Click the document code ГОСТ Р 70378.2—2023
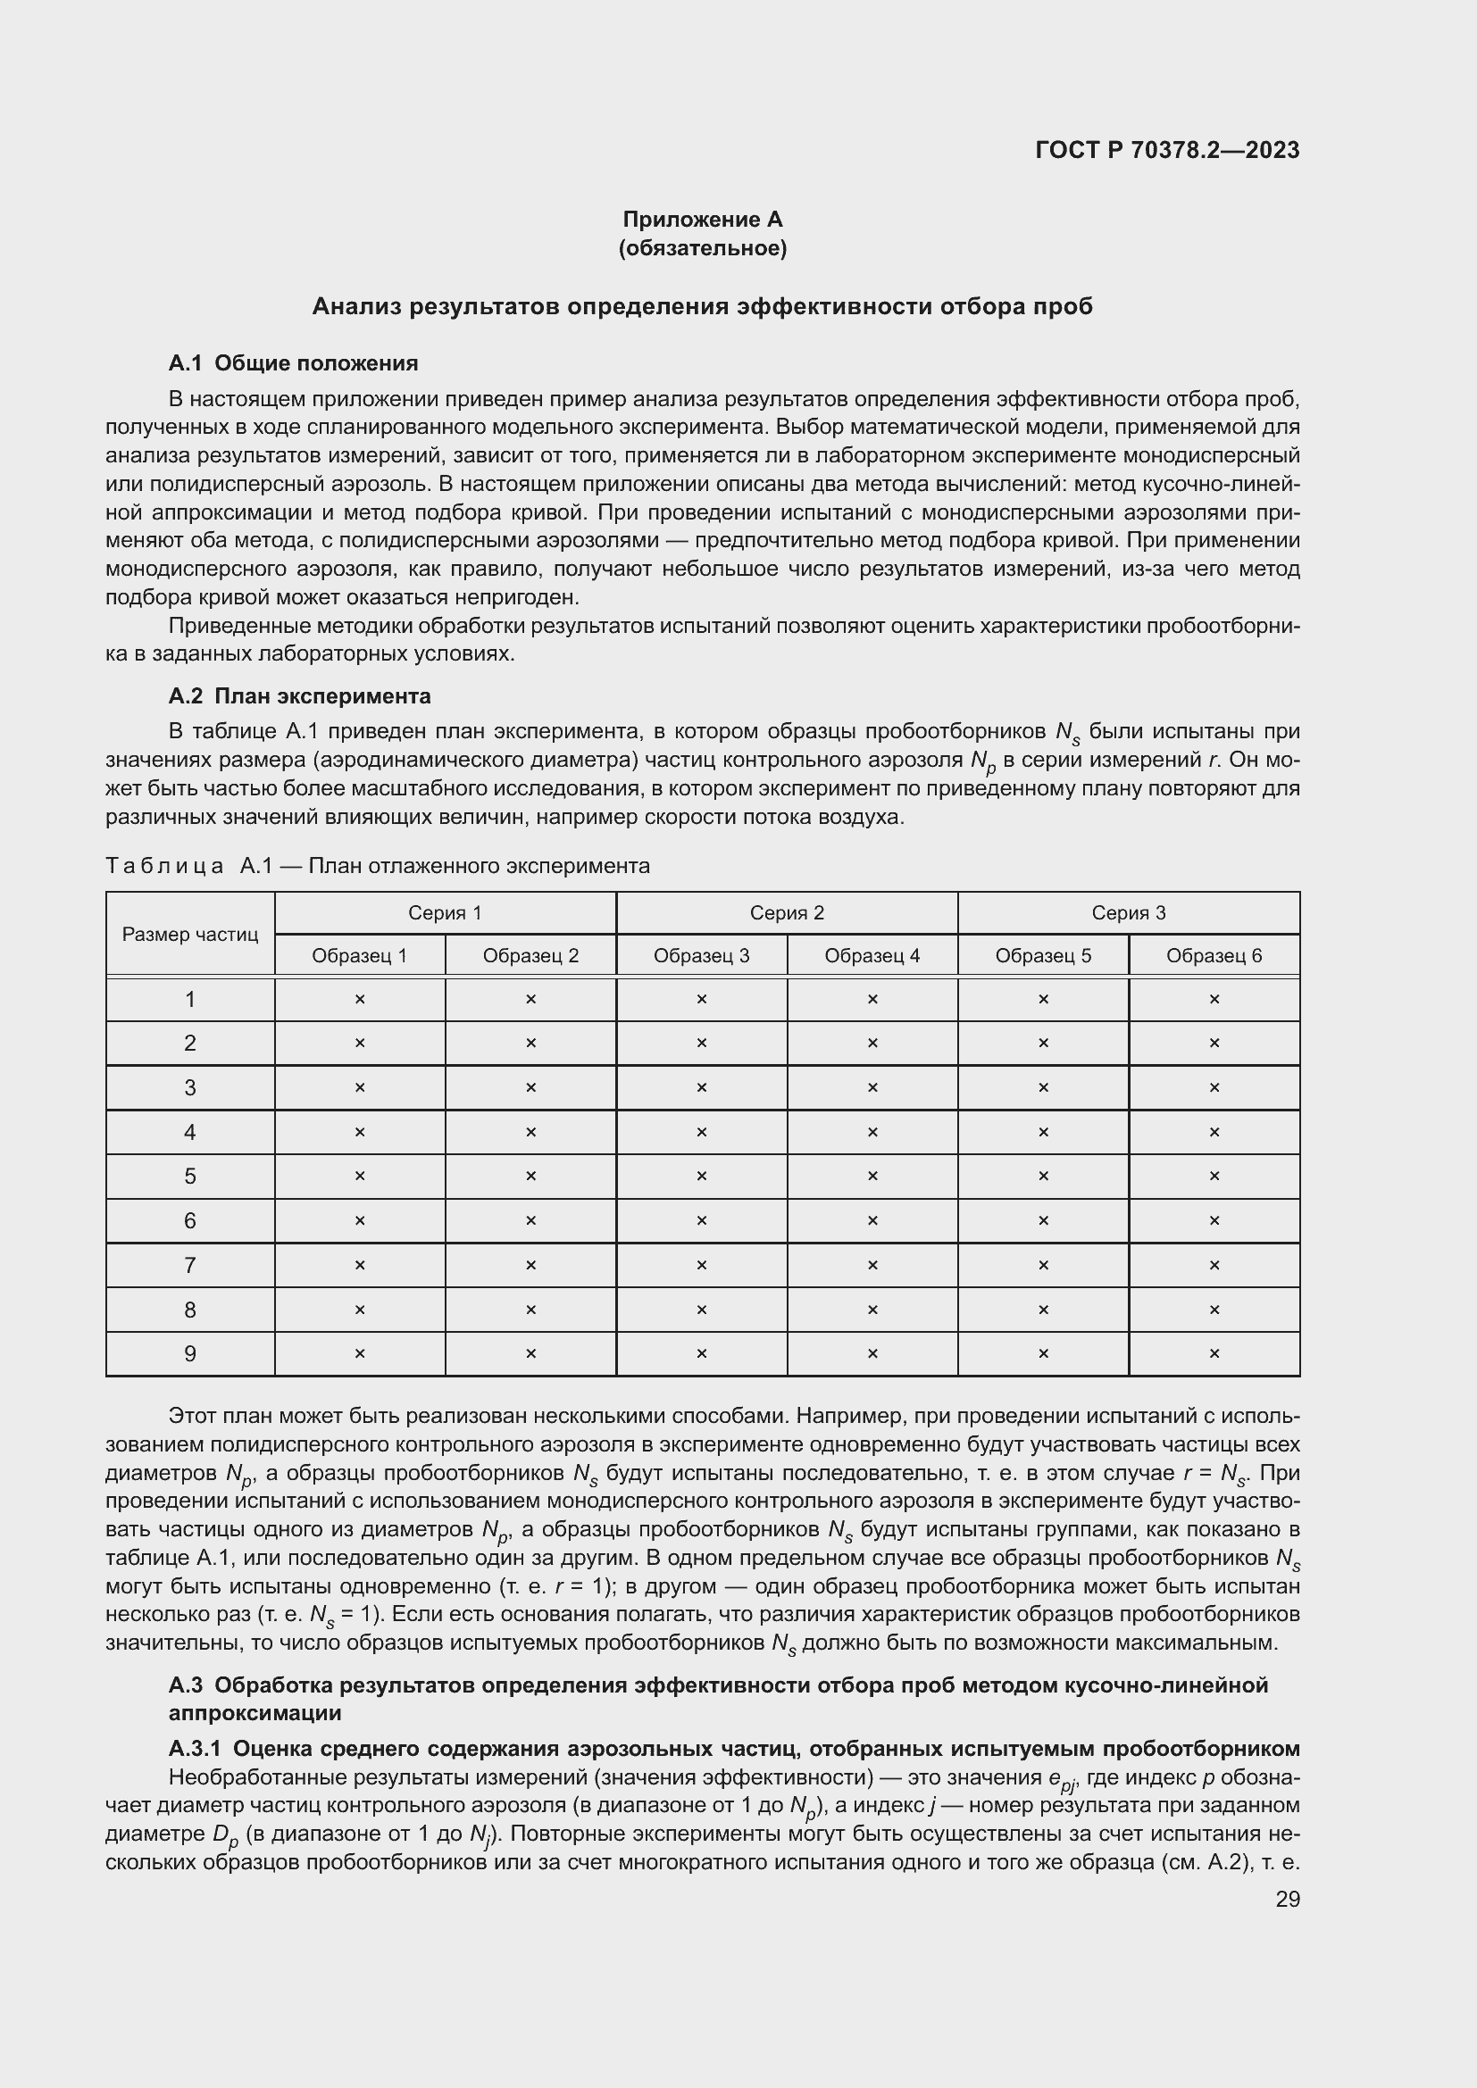click(1167, 150)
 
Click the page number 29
click(1287, 1899)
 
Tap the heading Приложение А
click(702, 220)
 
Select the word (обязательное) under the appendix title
click(702, 248)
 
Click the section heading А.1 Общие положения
click(293, 362)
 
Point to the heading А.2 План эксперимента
click(299, 695)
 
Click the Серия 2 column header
click(787, 913)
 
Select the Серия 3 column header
click(1128, 913)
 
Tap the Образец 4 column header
click(872, 956)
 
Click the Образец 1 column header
click(359, 956)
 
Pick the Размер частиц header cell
click(190, 934)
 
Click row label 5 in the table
click(190, 1177)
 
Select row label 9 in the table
click(190, 1354)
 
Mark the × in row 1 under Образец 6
click(1214, 1000)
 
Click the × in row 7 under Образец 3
click(701, 1265)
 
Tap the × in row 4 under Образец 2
click(530, 1132)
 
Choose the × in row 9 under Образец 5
click(1043, 1354)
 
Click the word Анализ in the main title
click(356, 306)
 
